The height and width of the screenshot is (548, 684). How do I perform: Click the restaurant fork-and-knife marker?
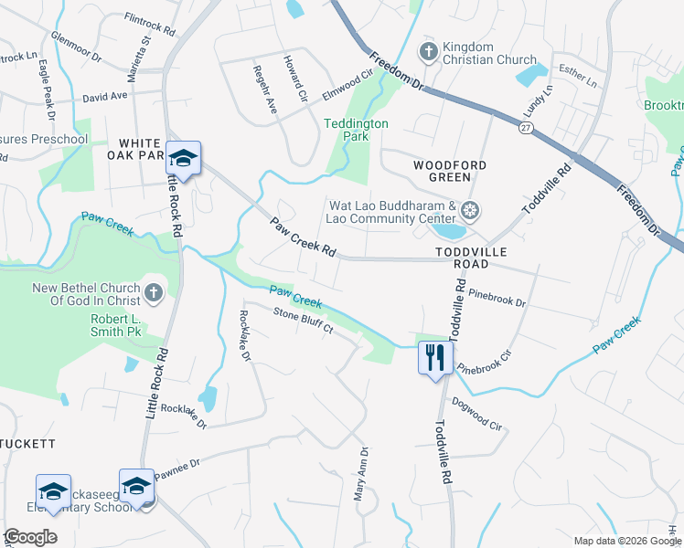435,356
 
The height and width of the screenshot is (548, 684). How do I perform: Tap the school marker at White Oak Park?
183,159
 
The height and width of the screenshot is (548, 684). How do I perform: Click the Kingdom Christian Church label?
490,53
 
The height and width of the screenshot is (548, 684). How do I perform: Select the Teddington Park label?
357,130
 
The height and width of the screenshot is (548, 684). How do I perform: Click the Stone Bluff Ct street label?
302,322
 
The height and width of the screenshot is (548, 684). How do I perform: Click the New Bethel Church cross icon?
154,293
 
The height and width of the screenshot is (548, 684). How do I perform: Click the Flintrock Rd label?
149,24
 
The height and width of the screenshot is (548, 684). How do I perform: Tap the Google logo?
31,537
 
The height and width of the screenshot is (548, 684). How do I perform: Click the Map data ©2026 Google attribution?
626,541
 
